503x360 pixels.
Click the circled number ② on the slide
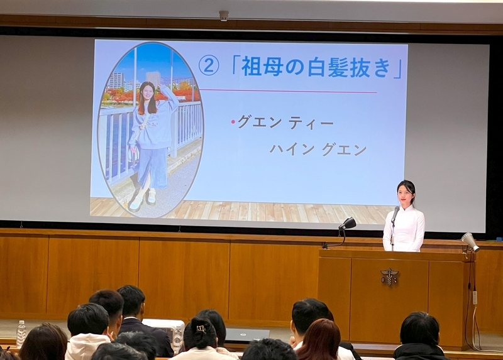[x=209, y=66]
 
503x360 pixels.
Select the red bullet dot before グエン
[x=233, y=122]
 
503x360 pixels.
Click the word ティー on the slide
[x=311, y=123]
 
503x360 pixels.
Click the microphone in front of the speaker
[x=395, y=214]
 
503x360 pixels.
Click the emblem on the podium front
[x=389, y=276]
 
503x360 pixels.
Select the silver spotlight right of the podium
[x=470, y=242]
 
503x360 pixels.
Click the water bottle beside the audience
[x=21, y=334]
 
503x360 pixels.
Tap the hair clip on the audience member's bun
[x=201, y=329]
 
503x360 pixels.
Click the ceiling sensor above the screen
[x=224, y=16]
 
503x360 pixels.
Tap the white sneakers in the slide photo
[x=143, y=199]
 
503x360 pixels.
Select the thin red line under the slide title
[x=287, y=91]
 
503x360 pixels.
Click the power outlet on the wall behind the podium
[x=475, y=298]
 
